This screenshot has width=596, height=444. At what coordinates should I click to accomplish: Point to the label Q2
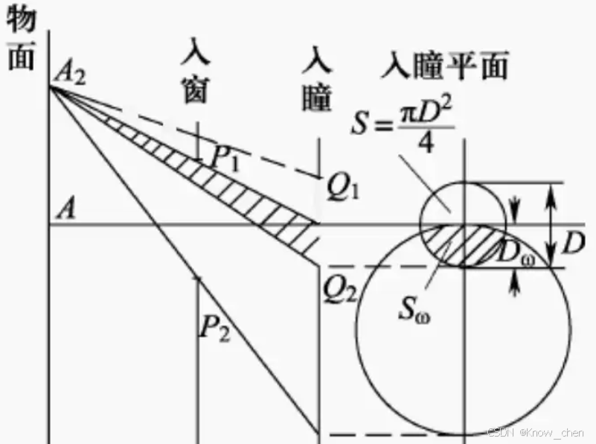(x=336, y=285)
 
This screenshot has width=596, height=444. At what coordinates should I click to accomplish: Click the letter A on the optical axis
(x=67, y=211)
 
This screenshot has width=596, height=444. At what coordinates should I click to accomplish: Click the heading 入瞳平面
(x=444, y=67)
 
